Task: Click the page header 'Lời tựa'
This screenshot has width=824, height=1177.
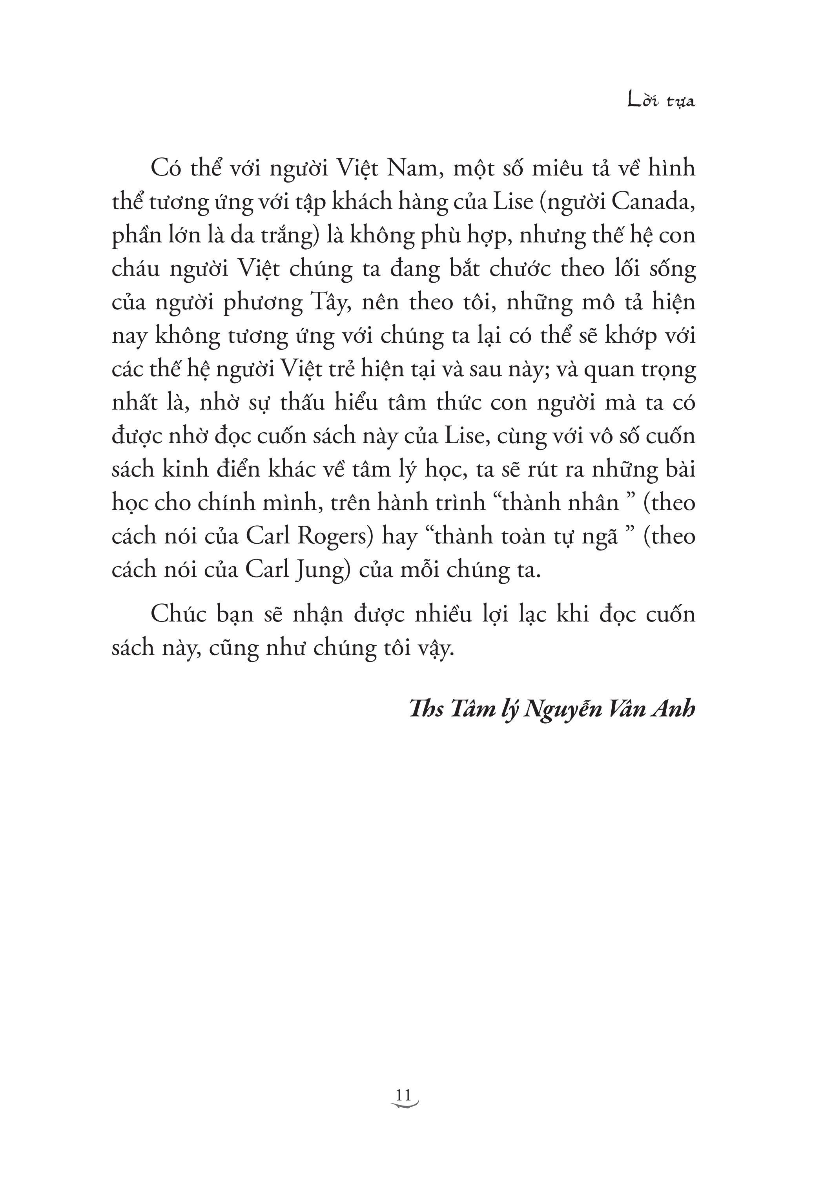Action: pyautogui.click(x=661, y=100)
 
